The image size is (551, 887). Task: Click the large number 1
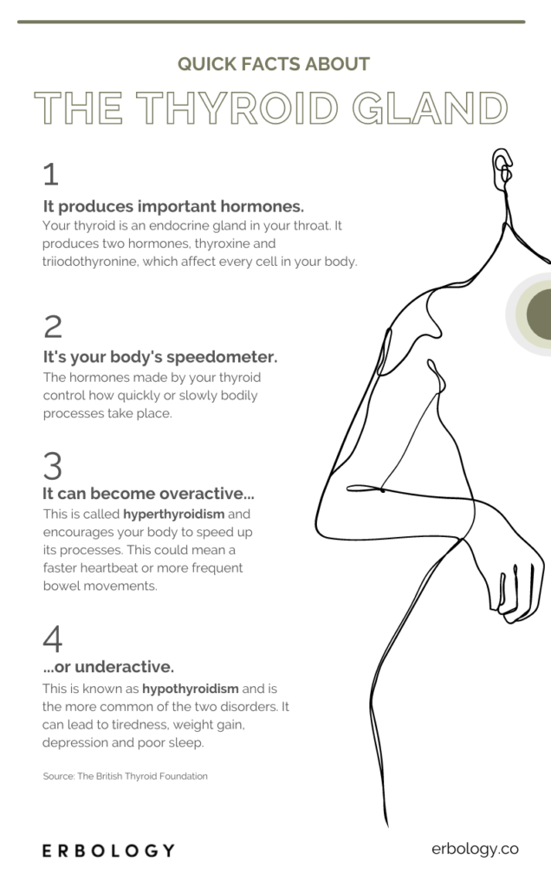[50, 175]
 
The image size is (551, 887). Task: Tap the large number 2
[52, 327]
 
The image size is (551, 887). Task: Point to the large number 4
[52, 639]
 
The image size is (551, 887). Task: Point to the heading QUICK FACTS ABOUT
[274, 64]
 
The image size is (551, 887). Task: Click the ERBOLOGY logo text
[108, 851]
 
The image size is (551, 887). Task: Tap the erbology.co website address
[475, 850]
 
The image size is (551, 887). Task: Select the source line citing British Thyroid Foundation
[126, 776]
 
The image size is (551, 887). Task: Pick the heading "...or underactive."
[108, 666]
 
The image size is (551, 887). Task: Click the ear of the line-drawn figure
[502, 163]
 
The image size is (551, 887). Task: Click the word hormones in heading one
[259, 206]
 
